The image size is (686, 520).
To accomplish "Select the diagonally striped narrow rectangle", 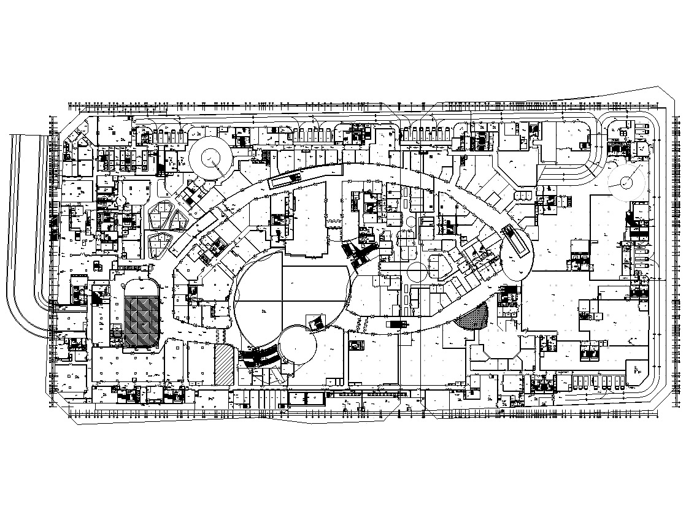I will coord(224,365).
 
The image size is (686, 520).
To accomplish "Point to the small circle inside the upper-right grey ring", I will coord(625,182).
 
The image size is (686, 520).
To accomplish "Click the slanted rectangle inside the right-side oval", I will coord(515,243).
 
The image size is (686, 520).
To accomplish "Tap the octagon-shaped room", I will coord(495,356).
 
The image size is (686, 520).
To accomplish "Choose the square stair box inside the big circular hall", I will coord(317,323).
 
